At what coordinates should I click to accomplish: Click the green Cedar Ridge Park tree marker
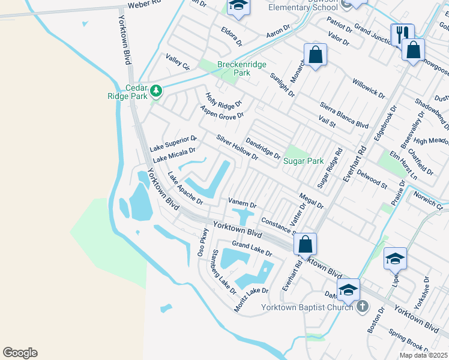[x=156, y=91]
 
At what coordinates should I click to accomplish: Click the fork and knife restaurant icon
[x=400, y=34]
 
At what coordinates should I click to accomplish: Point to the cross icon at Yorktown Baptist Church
[x=361, y=307]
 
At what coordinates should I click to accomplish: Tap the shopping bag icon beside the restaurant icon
[x=413, y=50]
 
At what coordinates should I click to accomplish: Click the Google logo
[x=20, y=353]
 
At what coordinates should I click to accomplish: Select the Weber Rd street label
[x=145, y=5]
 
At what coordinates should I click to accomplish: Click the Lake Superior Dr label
[x=173, y=143]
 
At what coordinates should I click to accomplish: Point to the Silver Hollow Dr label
[x=237, y=148]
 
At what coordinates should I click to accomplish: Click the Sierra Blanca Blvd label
[x=344, y=115]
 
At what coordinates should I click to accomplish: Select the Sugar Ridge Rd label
[x=329, y=168]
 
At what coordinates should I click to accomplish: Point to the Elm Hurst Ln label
[x=403, y=164]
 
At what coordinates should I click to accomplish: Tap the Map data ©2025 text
[x=423, y=355]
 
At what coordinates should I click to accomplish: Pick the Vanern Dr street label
[x=243, y=203]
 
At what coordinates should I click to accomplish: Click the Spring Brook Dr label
[x=409, y=339]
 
